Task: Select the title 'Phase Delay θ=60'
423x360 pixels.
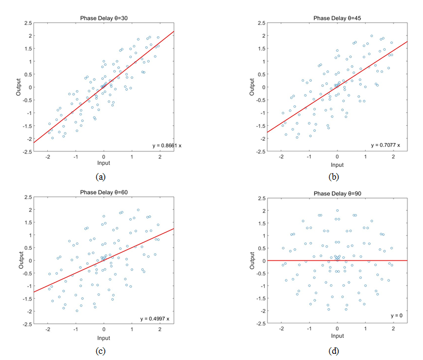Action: [x=104, y=193]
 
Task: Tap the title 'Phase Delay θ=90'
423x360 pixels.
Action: [x=337, y=193]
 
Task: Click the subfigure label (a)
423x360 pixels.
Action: [x=101, y=176]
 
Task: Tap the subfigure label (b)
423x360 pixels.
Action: [x=334, y=176]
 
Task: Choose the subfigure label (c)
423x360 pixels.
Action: [x=101, y=351]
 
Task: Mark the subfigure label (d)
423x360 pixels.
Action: [x=334, y=351]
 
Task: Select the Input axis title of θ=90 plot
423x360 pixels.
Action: [x=337, y=338]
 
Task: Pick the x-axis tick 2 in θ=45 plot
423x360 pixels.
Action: [x=393, y=156]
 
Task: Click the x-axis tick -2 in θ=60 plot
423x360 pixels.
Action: [x=48, y=330]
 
